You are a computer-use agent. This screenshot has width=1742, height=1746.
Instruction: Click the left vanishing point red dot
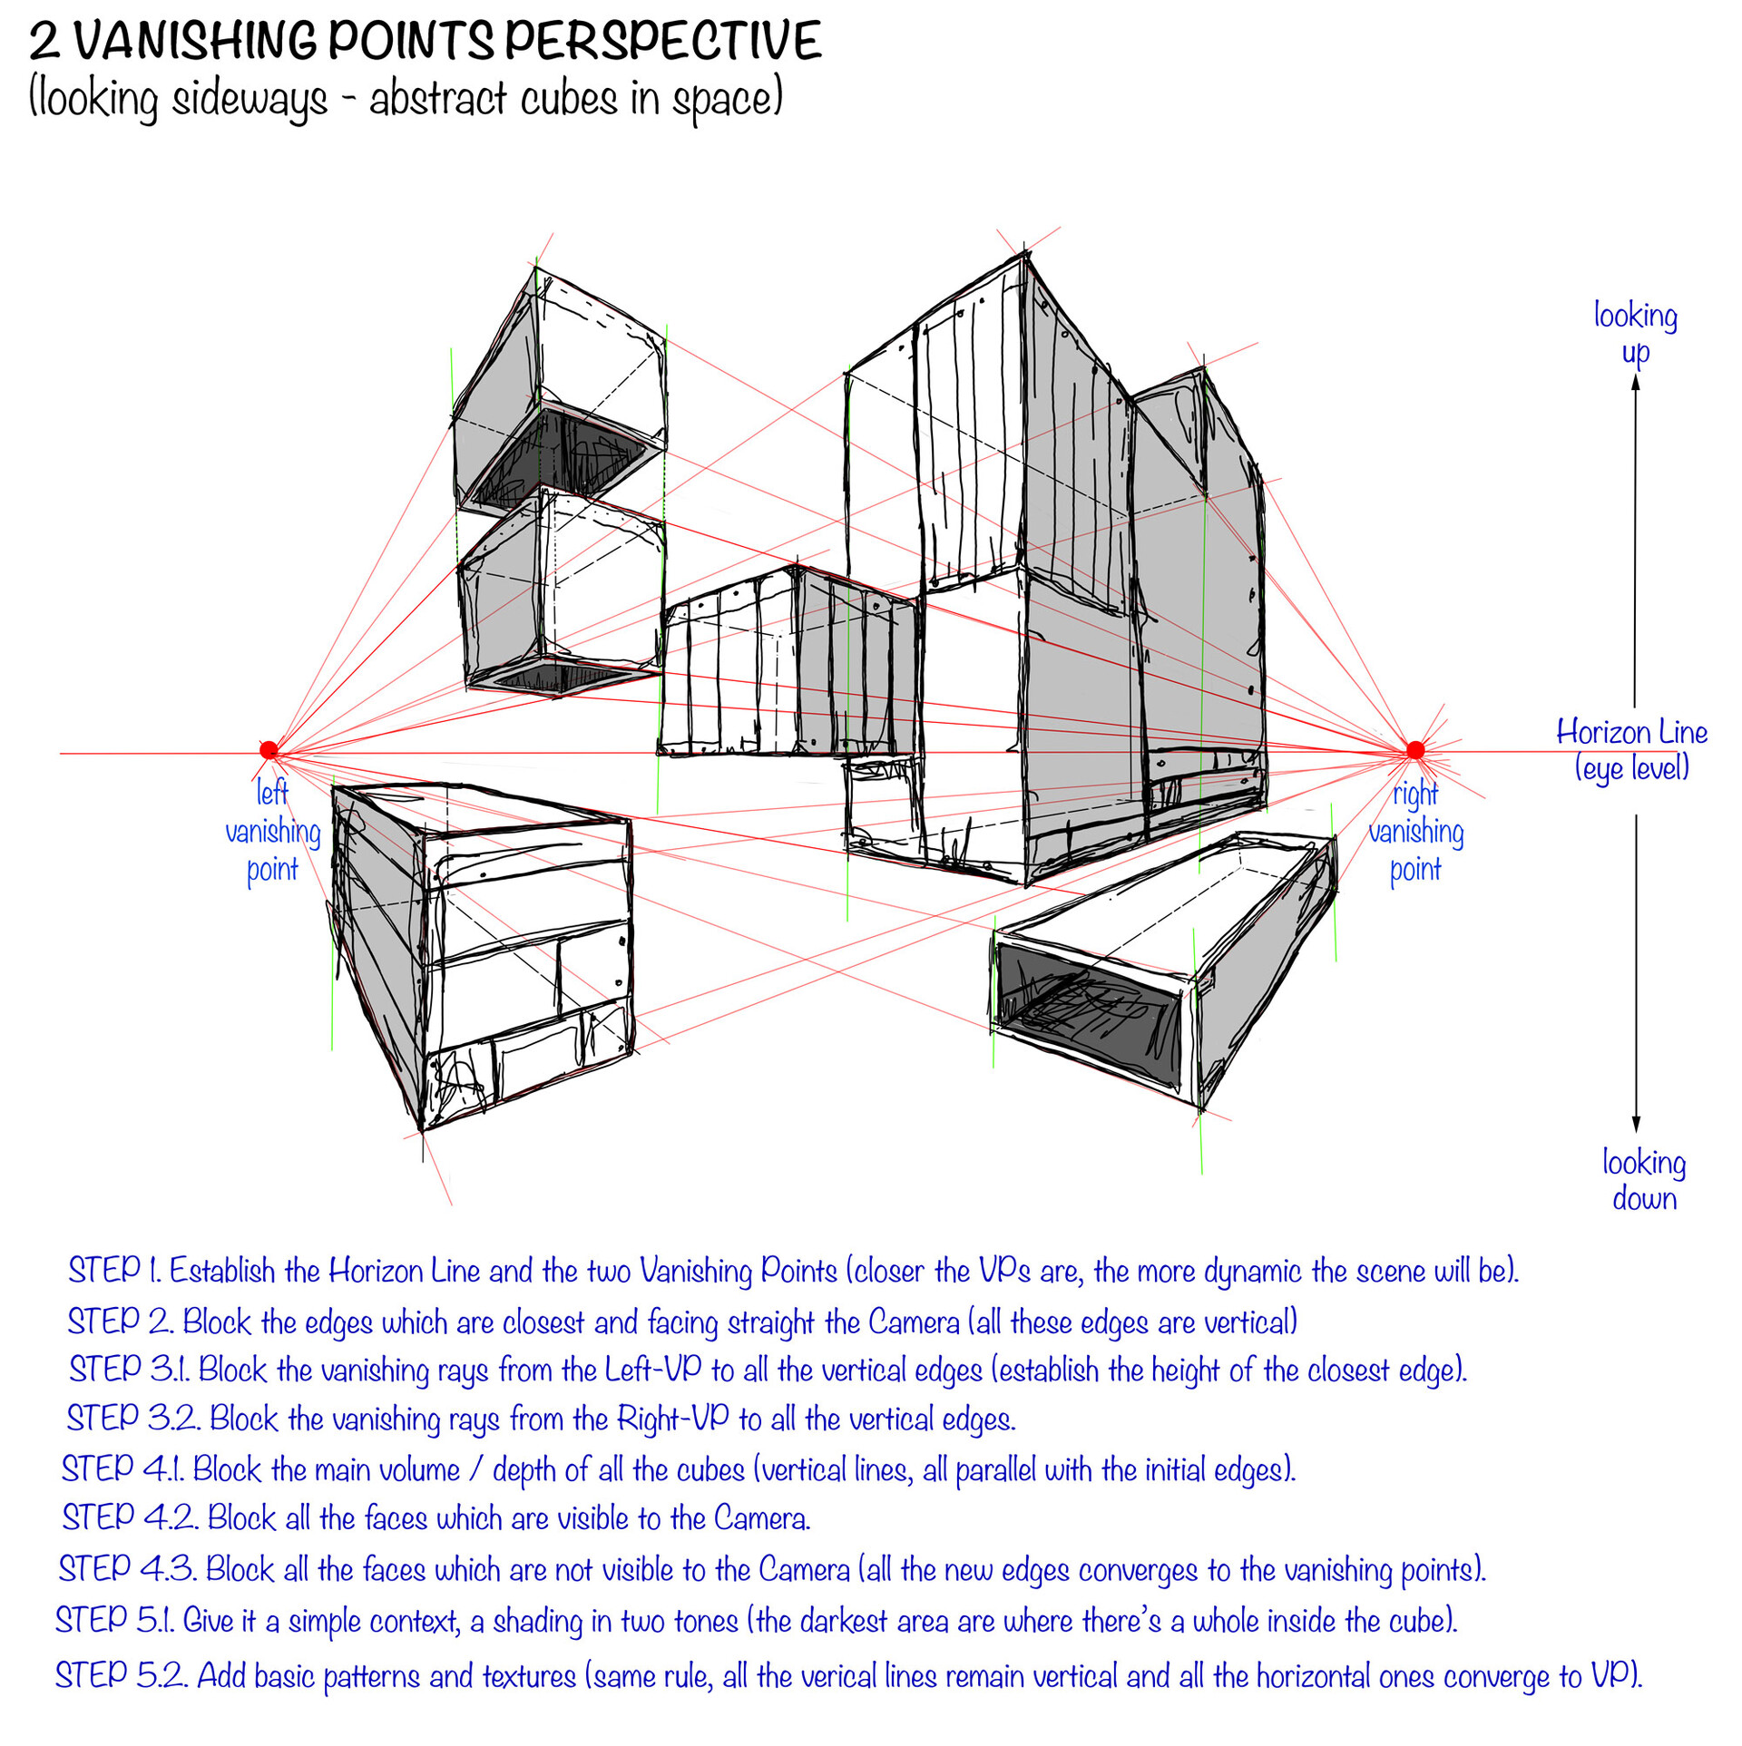[x=269, y=749]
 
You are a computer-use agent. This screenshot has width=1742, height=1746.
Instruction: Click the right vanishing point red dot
[x=1414, y=749]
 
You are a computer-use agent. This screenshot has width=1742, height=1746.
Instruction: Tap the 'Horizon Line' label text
[x=1630, y=732]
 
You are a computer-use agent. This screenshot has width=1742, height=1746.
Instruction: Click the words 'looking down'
[x=1643, y=1179]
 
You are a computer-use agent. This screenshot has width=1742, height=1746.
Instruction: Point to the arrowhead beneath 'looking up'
[x=1636, y=383]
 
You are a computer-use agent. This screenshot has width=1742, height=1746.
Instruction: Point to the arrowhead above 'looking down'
[x=1637, y=1125]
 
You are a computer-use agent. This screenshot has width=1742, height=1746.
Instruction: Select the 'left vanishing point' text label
[x=272, y=831]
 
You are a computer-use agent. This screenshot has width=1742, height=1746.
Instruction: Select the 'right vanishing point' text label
[x=1415, y=831]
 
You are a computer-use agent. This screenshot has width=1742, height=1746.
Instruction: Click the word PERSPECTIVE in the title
[x=662, y=41]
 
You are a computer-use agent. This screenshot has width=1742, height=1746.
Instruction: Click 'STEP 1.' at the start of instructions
[x=115, y=1270]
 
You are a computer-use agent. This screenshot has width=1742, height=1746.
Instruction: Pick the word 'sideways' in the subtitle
[x=250, y=98]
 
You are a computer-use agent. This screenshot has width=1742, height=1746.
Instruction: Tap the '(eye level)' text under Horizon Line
[x=1631, y=768]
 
